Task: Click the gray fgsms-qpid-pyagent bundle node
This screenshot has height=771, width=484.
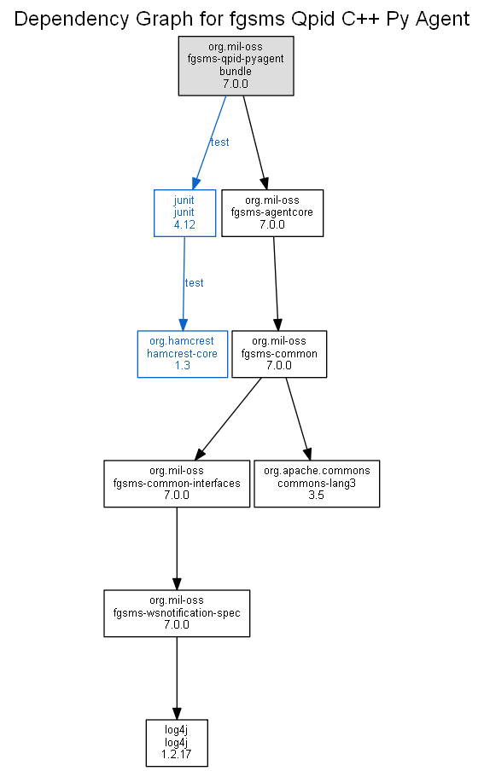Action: pos(236,66)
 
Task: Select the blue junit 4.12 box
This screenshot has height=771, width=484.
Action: pos(184,213)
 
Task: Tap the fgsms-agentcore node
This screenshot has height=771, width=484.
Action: pos(272,213)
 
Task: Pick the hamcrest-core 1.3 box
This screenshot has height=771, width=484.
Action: pos(182,354)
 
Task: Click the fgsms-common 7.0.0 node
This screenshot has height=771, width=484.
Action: pos(279,354)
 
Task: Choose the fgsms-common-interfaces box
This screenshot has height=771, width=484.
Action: pos(177,484)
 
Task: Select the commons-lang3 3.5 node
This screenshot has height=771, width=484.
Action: pos(317,484)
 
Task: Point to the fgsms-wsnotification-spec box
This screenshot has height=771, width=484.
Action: pos(177,614)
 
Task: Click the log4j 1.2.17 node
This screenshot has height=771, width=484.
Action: pos(177,743)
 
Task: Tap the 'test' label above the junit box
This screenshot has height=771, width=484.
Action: pos(219,142)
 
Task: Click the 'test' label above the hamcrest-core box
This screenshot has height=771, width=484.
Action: pos(194,283)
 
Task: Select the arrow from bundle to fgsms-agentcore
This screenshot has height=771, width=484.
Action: pos(255,142)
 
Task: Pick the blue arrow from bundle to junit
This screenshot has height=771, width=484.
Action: pos(209,142)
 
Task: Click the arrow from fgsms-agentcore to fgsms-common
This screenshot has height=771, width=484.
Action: pos(277,284)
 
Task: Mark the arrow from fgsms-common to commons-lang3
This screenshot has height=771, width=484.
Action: pos(299,419)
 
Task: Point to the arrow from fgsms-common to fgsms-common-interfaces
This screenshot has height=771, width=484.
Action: pos(228,419)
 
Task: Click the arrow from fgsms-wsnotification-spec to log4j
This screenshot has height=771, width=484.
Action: pos(177,679)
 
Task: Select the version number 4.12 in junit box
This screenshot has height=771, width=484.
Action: pos(184,224)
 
